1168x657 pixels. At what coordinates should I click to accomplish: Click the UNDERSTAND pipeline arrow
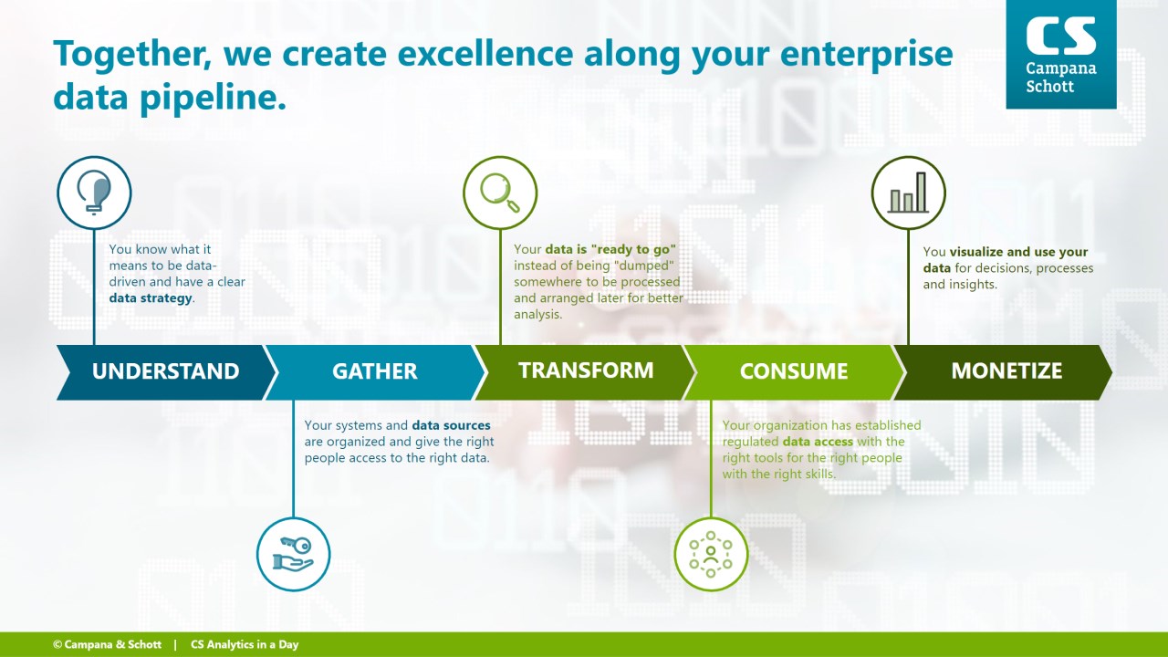coord(166,372)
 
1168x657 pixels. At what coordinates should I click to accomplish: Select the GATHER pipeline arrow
coord(375,372)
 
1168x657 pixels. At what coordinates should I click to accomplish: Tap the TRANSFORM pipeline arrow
coord(585,372)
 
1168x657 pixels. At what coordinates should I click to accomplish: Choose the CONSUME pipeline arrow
coord(794,372)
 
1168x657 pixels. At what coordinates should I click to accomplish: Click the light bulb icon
coord(94,193)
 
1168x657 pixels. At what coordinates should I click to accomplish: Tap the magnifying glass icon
coord(500,193)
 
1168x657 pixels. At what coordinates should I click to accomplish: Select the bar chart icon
coord(908,193)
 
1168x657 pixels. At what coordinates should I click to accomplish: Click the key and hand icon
coord(293,554)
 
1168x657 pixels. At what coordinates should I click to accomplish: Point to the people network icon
coord(711,554)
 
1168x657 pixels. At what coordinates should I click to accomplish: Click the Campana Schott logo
coord(1061,54)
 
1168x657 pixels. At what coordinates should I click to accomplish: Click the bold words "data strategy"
coord(151,298)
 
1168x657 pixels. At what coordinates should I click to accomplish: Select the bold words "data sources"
coord(451,425)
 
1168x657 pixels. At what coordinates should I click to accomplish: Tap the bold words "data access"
coord(818,442)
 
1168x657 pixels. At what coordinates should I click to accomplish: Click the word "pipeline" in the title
coord(213,98)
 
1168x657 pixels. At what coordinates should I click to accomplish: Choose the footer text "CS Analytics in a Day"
coord(245,644)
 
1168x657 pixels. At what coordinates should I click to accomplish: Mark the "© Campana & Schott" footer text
coord(108,644)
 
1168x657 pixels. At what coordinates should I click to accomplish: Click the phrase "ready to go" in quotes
coord(633,249)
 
